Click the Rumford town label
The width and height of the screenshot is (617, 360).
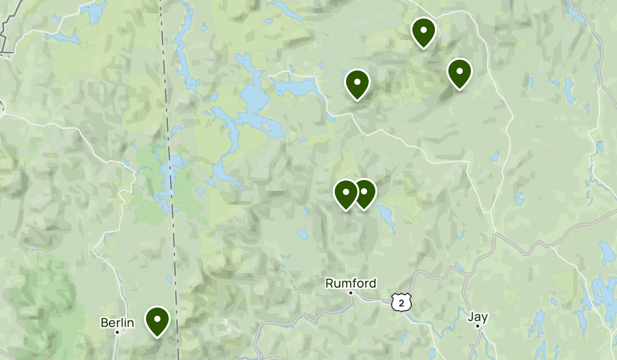[x=351, y=283]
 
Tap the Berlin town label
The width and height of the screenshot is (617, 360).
[x=117, y=323]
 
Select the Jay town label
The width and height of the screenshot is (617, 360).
[x=477, y=316]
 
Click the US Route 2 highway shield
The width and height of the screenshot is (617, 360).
[x=401, y=302]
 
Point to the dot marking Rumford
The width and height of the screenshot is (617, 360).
[x=351, y=293]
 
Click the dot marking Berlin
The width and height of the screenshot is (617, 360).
[x=117, y=332]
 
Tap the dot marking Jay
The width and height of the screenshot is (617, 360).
[x=477, y=326]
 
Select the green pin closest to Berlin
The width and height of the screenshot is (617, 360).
[x=157, y=320]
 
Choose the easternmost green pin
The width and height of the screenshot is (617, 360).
[x=459, y=73]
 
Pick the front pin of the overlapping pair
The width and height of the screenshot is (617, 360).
[x=346, y=193]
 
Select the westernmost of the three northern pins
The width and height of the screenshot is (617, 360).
[x=357, y=83]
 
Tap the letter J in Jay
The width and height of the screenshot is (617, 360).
[x=470, y=316]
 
